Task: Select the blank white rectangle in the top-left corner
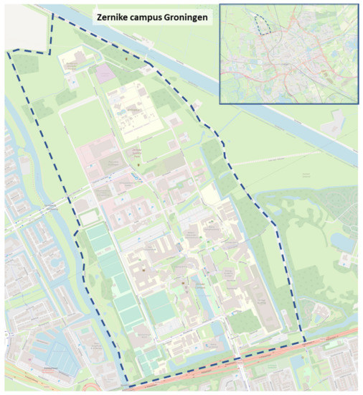pos(27,27)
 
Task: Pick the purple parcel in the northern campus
pos(105,73)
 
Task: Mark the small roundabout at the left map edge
pos(4,335)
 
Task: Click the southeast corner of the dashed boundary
pos(306,342)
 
